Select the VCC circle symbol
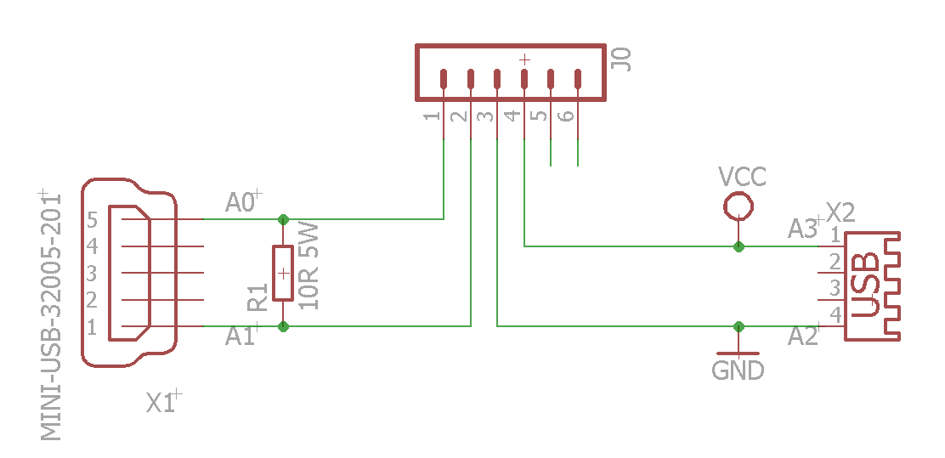(738, 205)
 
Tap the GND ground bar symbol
(738, 352)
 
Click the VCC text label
(742, 177)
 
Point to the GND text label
(738, 371)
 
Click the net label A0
(240, 202)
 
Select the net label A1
(240, 337)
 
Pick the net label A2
(802, 337)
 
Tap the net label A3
(802, 229)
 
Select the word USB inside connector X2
(866, 286)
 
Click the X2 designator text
(840, 211)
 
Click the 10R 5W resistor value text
(310, 265)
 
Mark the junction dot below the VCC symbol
(738, 246)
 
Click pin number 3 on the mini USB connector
(91, 274)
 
